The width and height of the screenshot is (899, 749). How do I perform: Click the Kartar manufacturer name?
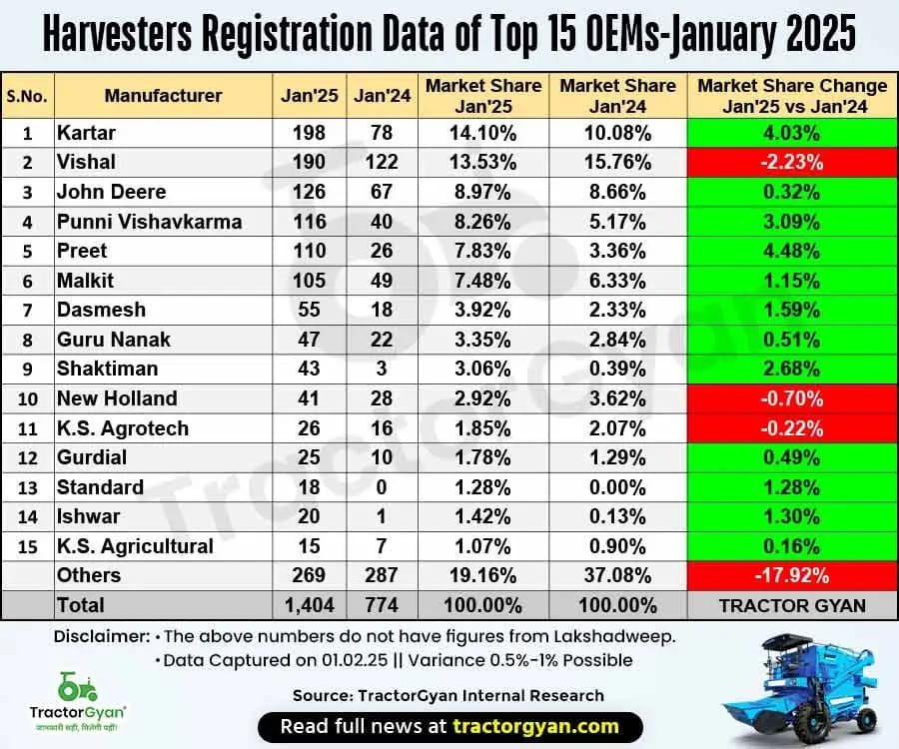pyautogui.click(x=86, y=133)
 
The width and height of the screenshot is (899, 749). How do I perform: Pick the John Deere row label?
pyautogui.click(x=112, y=192)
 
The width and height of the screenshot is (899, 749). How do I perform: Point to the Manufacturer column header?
pyautogui.click(x=163, y=96)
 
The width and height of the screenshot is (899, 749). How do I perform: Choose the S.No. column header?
pyautogui.click(x=27, y=96)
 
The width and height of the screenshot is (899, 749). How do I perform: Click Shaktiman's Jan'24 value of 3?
pyautogui.click(x=376, y=369)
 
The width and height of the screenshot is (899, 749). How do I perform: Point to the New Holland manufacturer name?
pyautogui.click(x=117, y=398)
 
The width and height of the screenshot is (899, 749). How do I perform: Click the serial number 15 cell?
pyautogui.click(x=27, y=546)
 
